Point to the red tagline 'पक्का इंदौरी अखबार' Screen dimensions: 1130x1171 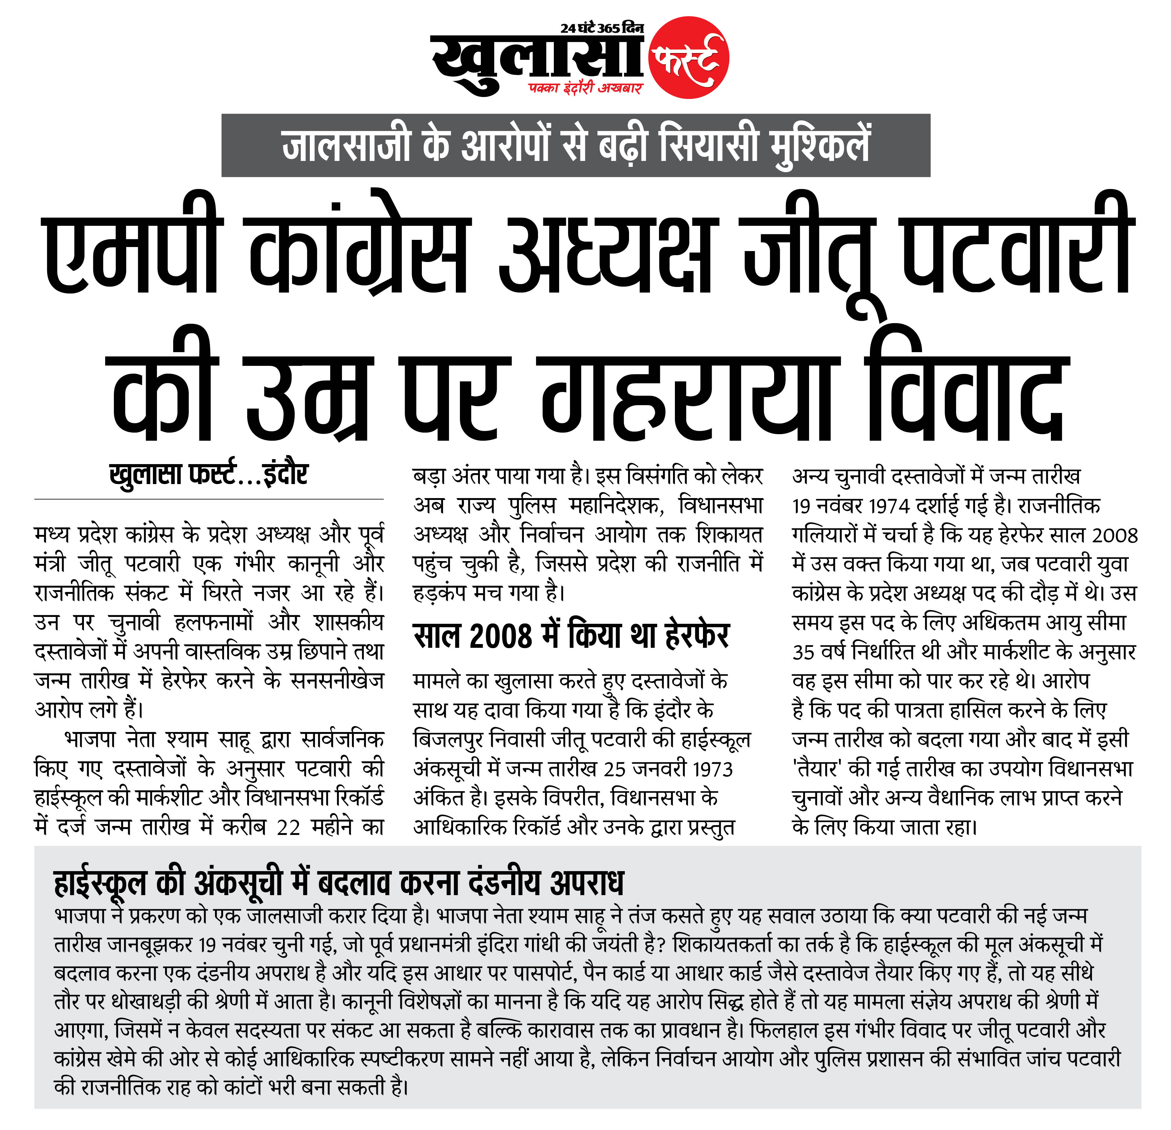[x=585, y=88]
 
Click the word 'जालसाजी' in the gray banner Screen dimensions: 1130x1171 [x=347, y=145]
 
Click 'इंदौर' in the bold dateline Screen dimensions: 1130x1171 [x=285, y=475]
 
